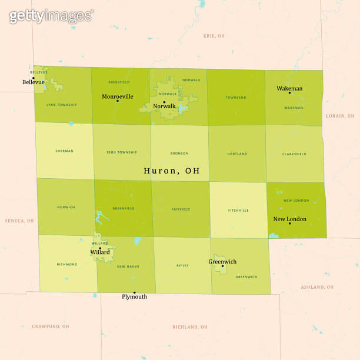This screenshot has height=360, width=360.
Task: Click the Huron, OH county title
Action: tap(172, 171)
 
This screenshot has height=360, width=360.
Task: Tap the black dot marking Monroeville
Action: tap(118, 101)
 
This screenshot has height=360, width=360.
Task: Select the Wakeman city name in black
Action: tap(289, 88)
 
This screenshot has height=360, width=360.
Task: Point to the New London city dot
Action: tap(289, 224)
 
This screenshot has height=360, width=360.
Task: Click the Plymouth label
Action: tap(134, 297)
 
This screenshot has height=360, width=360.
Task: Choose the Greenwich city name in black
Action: tap(222, 262)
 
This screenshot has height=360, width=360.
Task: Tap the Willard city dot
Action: tap(100, 248)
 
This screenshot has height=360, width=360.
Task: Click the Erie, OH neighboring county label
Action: tap(214, 36)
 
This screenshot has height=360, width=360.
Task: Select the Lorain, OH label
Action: tap(339, 116)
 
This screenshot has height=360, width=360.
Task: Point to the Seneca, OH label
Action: tap(19, 221)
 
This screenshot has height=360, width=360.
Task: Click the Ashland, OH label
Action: tap(317, 287)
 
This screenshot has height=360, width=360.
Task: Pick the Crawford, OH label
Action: tap(51, 326)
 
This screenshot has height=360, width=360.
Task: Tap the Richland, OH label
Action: tap(189, 327)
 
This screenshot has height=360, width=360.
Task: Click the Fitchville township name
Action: tap(238, 210)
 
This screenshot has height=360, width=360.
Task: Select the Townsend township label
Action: tap(236, 97)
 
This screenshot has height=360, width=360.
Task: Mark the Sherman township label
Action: tap(64, 151)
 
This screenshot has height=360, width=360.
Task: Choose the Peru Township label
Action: tap(122, 152)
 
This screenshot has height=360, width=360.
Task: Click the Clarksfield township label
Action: tap(294, 154)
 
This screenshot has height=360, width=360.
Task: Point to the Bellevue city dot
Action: tap(33, 77)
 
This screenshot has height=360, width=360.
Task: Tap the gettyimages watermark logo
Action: tap(51, 16)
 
